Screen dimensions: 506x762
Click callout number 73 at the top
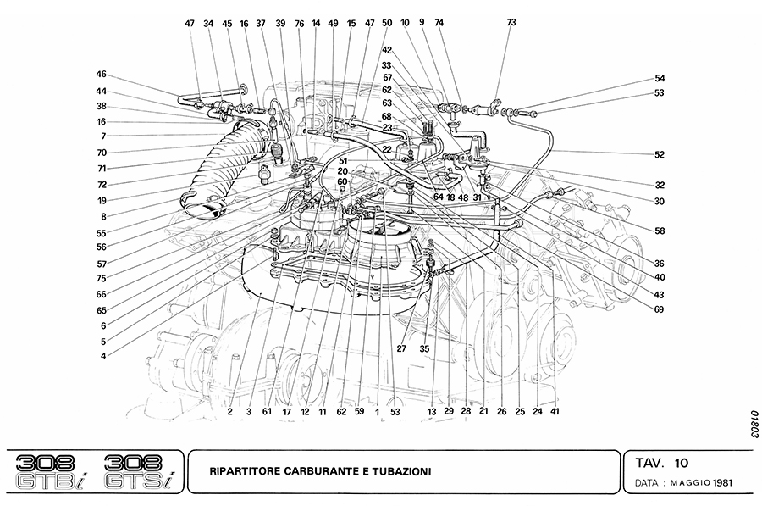[511, 23]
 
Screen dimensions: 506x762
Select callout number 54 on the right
[660, 79]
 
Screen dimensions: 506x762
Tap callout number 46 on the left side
[101, 74]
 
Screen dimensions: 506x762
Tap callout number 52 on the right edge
[660, 155]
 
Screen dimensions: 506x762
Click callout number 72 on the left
[101, 184]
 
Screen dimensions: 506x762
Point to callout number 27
[401, 348]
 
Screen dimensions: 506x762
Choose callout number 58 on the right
[660, 230]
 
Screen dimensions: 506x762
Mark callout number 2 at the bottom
[229, 412]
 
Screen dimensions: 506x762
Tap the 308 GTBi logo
[52, 471]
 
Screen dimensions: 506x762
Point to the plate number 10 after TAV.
[682, 463]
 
